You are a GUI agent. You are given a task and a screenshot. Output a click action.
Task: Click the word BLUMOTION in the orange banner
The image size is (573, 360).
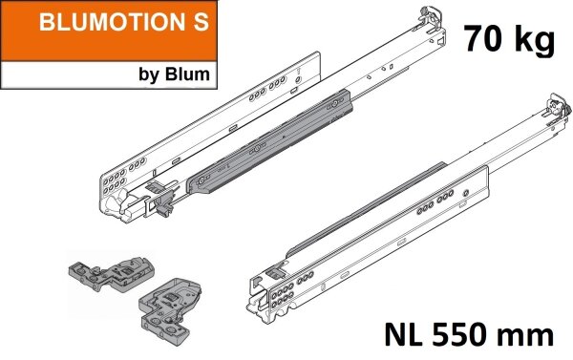point(88,25)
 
